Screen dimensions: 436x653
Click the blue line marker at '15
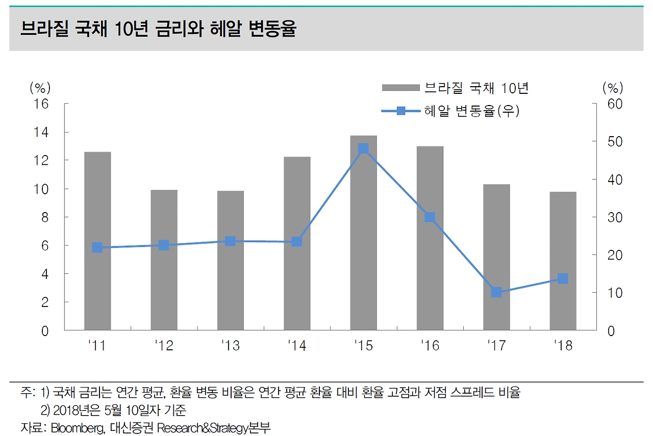tap(363, 149)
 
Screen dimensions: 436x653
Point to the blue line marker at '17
tap(496, 292)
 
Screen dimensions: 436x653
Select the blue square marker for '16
tap(430, 217)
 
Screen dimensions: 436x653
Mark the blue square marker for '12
tap(164, 245)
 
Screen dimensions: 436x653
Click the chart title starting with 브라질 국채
tap(158, 30)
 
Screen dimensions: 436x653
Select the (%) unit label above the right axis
tap(613, 88)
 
